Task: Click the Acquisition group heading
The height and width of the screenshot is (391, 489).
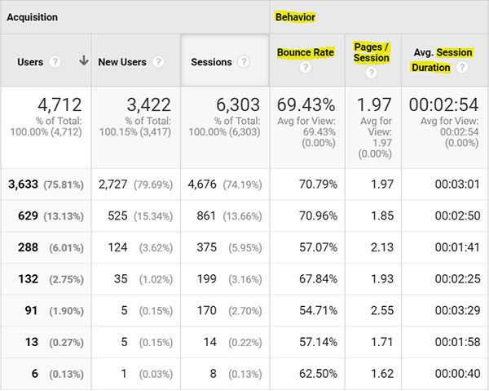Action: [x=32, y=17]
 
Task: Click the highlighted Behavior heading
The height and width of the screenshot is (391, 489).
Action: [x=295, y=17]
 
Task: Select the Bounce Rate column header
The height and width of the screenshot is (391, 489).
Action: [x=306, y=52]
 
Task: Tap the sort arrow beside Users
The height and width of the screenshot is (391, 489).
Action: [x=84, y=60]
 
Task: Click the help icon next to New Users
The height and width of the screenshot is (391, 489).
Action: [x=158, y=61]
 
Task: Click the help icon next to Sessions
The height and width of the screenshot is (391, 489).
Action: [x=244, y=61]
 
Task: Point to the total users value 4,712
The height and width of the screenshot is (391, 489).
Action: [x=59, y=104]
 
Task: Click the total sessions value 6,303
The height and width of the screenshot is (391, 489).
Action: [x=238, y=104]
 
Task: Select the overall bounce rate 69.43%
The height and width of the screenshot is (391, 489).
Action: [x=306, y=104]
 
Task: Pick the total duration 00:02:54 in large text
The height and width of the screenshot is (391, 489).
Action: [x=444, y=104]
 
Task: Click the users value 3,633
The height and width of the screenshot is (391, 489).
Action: [x=23, y=184]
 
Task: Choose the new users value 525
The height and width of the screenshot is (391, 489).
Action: [x=117, y=215]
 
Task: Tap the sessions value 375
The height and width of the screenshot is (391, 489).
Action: [x=206, y=247]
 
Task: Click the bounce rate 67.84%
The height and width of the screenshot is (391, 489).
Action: [x=318, y=279]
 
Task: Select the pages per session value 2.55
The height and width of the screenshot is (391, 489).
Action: [x=382, y=310]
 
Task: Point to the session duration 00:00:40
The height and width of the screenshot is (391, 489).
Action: [x=457, y=374]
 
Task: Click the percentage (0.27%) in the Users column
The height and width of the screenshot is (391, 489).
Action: [x=67, y=343]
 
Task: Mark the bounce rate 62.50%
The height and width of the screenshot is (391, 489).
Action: [x=318, y=374]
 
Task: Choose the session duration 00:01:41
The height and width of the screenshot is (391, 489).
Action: [x=457, y=247]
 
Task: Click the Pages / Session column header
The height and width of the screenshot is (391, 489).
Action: [x=372, y=52]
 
